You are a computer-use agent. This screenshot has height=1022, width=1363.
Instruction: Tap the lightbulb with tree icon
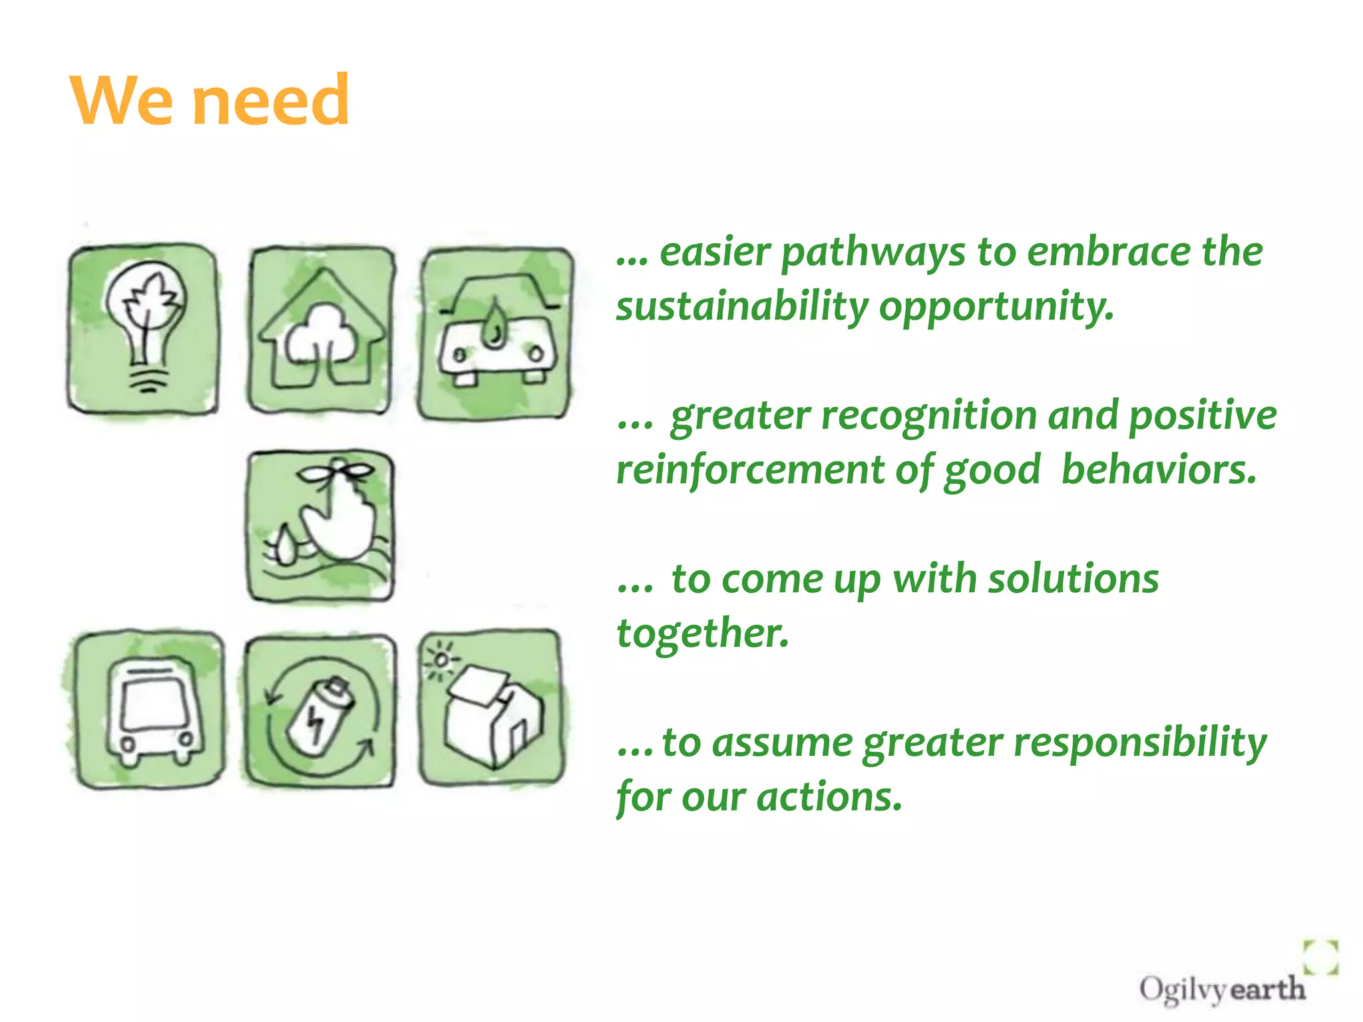click(143, 328)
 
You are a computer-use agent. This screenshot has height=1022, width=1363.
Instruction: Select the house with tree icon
click(322, 329)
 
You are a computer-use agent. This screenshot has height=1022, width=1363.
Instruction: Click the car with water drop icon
click(496, 334)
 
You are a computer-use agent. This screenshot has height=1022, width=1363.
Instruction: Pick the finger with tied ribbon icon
click(321, 526)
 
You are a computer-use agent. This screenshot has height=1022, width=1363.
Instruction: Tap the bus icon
click(149, 709)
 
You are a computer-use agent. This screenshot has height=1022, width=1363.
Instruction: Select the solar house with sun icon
click(491, 708)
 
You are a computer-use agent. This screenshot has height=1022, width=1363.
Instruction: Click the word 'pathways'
click(873, 254)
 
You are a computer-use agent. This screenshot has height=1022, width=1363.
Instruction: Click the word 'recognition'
click(929, 417)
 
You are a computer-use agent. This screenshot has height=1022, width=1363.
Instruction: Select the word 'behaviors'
click(1158, 470)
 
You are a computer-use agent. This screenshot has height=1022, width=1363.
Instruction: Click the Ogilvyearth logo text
click(1221, 989)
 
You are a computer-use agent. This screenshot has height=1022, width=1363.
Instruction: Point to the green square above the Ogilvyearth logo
click(1320, 957)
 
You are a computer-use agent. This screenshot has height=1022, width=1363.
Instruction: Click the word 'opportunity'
click(996, 307)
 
